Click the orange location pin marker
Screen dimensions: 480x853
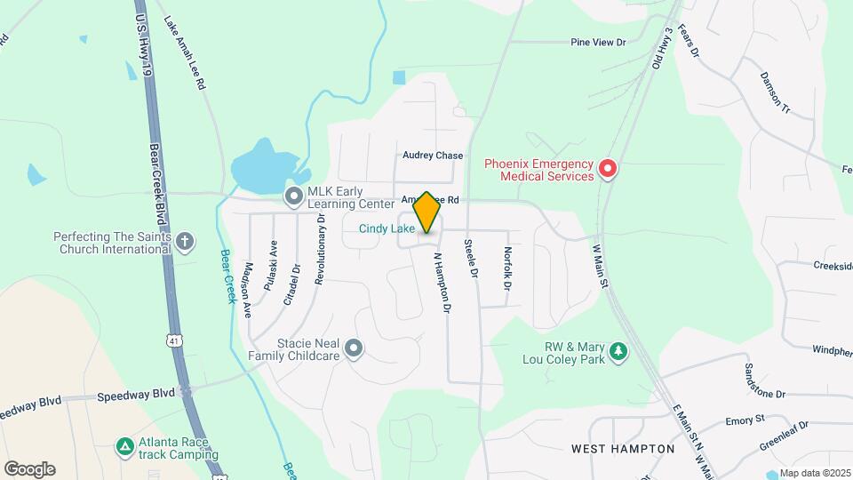426,212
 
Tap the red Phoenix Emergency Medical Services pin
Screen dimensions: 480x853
608,168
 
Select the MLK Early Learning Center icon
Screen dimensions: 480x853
292,196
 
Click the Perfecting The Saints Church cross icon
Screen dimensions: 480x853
185,241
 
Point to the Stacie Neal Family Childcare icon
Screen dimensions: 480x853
354,348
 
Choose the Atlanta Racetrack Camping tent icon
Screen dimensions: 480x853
125,445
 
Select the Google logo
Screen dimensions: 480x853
29,468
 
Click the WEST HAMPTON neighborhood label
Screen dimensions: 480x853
623,449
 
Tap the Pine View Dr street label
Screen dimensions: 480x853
598,42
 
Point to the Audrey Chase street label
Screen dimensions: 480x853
433,156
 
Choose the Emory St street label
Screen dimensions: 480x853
745,420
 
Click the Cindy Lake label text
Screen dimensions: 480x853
387,228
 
